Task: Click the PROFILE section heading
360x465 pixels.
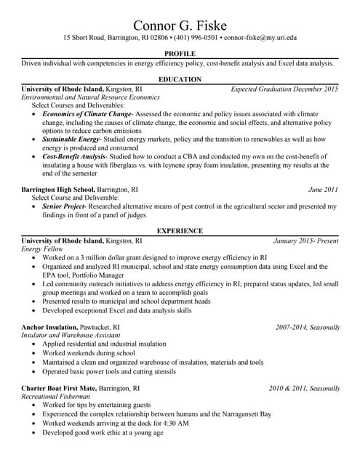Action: pyautogui.click(x=180, y=54)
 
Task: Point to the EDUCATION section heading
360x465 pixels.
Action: pyautogui.click(x=180, y=78)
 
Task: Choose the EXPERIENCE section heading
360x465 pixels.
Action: pyautogui.click(x=180, y=230)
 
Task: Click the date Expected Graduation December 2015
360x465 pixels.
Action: pyautogui.click(x=284, y=89)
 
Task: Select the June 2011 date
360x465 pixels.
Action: pyautogui.click(x=324, y=190)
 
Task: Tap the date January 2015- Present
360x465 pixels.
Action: pyautogui.click(x=306, y=240)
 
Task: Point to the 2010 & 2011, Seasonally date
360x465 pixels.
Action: pyautogui.click(x=303, y=389)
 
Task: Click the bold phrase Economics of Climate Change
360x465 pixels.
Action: pyautogui.click(x=87, y=114)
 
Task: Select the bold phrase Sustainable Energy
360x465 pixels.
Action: pyautogui.click(x=71, y=138)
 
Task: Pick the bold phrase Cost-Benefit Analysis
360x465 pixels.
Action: pyautogui.click(x=74, y=156)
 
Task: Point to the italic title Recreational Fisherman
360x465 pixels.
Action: pyautogui.click(x=56, y=397)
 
